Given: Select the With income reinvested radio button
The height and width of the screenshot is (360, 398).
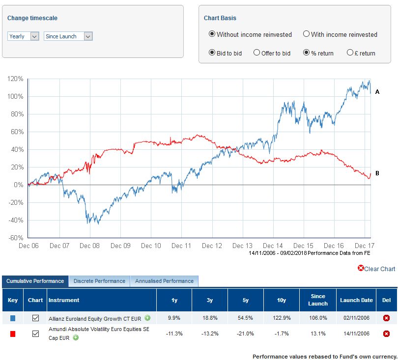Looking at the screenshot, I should coord(306,34).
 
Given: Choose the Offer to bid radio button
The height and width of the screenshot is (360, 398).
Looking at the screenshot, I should coord(256,53).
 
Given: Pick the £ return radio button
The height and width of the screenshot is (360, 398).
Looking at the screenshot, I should coord(350,53).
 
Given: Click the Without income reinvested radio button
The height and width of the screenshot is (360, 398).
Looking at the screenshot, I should coord(212,34).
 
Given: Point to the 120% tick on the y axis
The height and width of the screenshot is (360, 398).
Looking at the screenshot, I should coord(15,79).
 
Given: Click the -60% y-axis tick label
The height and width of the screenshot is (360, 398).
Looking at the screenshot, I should coord(15,238).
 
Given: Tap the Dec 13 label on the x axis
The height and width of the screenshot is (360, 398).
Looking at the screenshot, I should coord(242,246).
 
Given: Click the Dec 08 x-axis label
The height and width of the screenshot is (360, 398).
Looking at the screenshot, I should coord(90,246).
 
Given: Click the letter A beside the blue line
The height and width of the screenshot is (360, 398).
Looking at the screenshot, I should coord(377,92).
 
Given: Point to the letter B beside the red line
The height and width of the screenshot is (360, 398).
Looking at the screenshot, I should coord(377,173).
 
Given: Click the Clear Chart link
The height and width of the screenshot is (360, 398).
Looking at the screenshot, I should coord(376,269).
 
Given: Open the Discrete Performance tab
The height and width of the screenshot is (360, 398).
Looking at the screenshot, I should coord(99,281).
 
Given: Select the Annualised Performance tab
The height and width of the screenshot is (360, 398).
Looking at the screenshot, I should coord(164,281).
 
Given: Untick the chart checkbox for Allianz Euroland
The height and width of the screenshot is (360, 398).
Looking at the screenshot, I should coord(35,318).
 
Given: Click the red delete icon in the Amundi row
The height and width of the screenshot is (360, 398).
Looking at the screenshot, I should coord(386,334).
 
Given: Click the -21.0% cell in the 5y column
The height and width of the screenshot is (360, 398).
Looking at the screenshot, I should coord(246,334).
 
